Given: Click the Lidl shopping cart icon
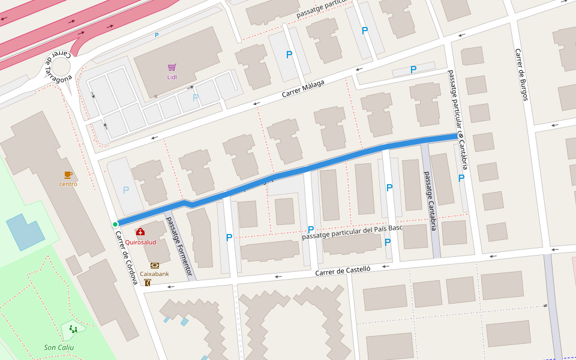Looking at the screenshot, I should pos(172,67).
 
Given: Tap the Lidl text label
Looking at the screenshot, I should pos(172,77).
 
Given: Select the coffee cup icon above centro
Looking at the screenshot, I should pos(68,175).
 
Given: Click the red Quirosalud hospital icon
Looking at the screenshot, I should pos(140,232).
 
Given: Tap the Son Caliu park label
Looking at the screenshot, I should pos(59,347).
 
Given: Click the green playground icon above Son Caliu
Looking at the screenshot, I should pos(73,329).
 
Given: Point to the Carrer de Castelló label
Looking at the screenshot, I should pos(343,272).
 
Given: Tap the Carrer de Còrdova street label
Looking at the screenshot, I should pos(127,257).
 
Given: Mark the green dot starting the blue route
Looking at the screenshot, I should pos(115,224).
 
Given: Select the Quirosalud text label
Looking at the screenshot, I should pos(140,242).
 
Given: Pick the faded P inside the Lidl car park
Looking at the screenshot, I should pos(195,97).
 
